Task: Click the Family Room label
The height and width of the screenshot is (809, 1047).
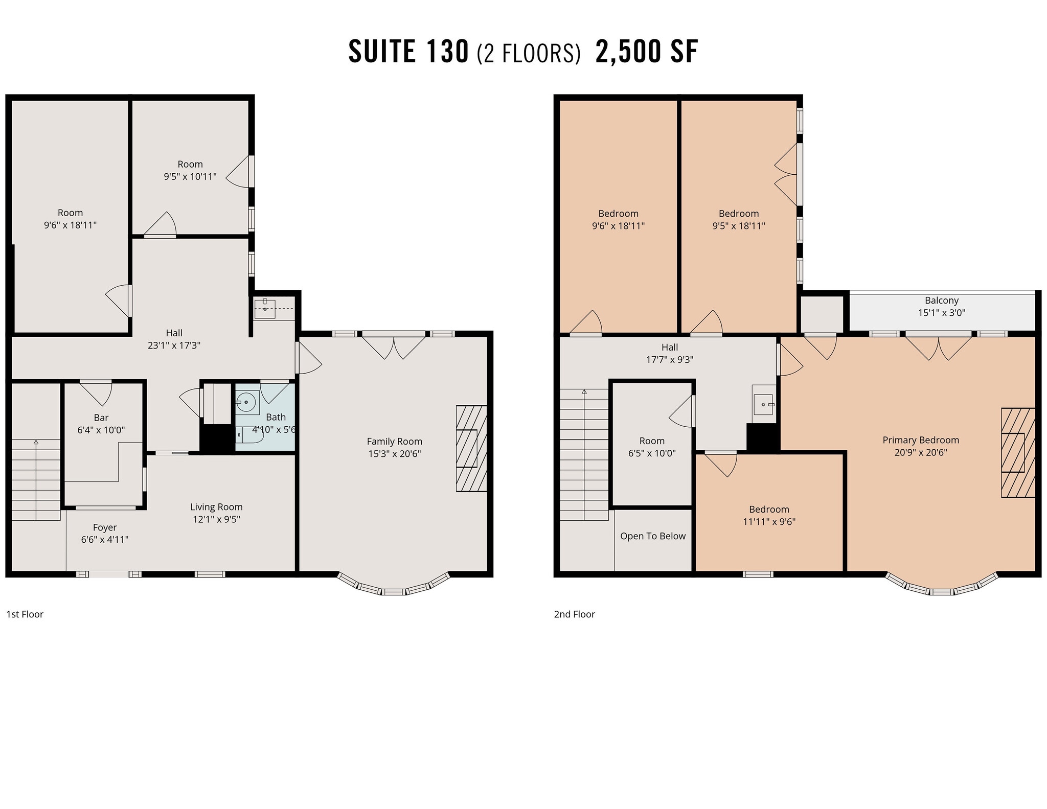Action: tap(394, 442)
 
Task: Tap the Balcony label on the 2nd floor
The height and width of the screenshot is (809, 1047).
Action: tap(941, 301)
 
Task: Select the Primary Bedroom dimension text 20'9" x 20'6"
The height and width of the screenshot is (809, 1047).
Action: tap(920, 452)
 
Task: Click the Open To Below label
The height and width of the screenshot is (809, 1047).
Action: tap(653, 536)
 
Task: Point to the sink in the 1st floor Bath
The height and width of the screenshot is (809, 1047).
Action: tap(247, 403)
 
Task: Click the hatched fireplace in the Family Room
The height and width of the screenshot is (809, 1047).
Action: tap(471, 449)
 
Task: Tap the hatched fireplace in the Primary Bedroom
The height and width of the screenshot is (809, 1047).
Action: tap(1017, 453)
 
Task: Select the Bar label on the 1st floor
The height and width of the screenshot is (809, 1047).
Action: tap(101, 418)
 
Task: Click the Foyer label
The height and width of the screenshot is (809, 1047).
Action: tap(105, 527)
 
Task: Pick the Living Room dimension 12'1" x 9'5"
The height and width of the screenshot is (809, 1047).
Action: tap(216, 519)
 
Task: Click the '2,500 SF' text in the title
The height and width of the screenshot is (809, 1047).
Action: tap(646, 52)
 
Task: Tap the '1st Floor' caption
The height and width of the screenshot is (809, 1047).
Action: tap(25, 614)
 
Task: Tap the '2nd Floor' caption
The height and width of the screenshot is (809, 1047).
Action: tap(574, 614)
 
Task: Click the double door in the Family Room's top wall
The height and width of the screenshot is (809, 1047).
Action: tap(394, 345)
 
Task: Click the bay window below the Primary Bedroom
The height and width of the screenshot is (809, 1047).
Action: tap(941, 588)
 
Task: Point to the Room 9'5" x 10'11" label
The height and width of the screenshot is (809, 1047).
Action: tap(190, 164)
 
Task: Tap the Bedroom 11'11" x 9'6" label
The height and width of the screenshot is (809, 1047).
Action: tap(769, 510)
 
